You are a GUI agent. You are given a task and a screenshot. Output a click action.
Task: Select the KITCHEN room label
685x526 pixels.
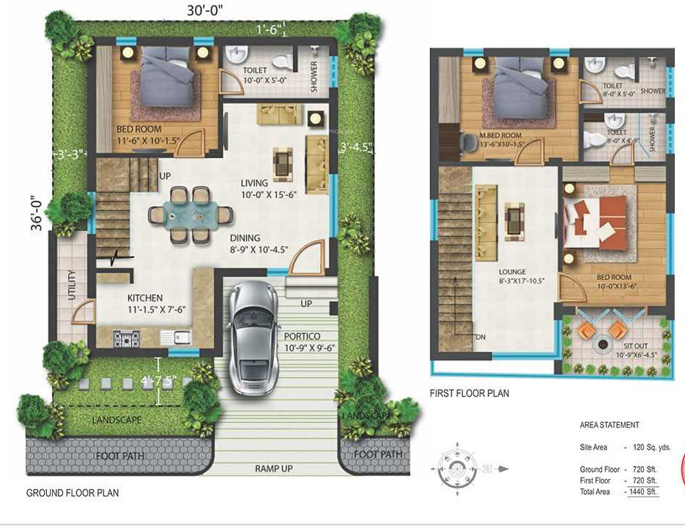click(x=145, y=298)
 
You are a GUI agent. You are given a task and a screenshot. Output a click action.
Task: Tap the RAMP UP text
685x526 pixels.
click(x=274, y=469)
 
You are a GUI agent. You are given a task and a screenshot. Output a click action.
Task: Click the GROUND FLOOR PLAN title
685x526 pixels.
click(x=72, y=493)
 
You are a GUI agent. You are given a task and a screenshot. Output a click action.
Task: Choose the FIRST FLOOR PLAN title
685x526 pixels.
click(x=469, y=394)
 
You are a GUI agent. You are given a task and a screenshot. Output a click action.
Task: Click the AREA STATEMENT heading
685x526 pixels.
click(x=609, y=426)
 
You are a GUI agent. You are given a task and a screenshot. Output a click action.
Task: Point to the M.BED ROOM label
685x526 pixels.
click(x=501, y=135)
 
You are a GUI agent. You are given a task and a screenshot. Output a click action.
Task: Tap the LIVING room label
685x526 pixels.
click(x=254, y=183)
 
